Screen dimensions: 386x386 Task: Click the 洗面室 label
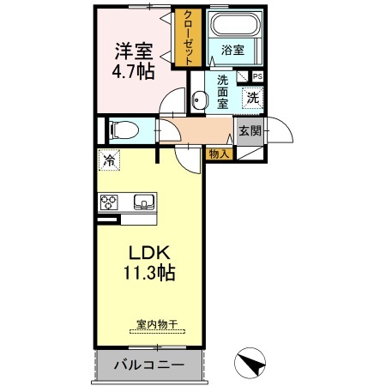[221, 92]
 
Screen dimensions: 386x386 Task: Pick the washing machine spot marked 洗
[252, 98]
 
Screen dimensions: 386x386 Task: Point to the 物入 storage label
[219, 154]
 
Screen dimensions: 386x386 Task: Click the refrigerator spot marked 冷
[109, 160]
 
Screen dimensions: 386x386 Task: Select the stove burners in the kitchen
[109, 202]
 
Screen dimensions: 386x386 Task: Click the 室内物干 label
[157, 324]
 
